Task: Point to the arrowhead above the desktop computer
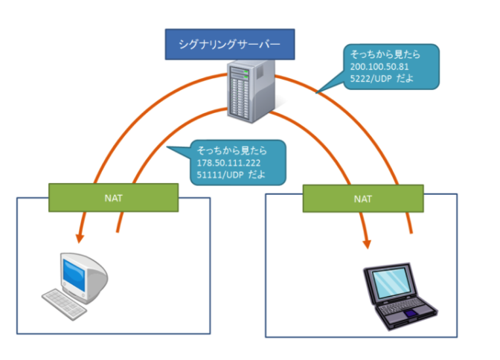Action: click(x=78, y=239)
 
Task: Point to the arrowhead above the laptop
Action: click(x=367, y=244)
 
